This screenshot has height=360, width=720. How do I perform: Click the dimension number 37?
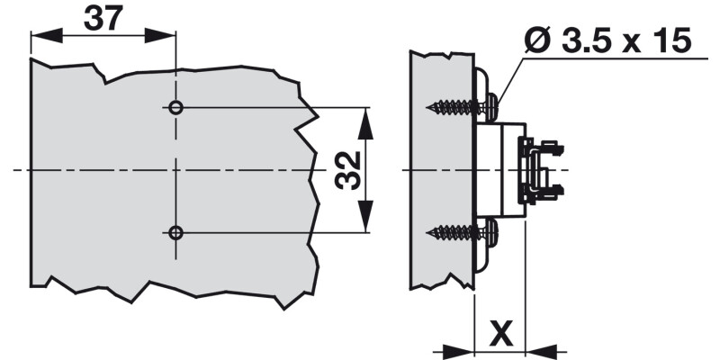click(103, 19)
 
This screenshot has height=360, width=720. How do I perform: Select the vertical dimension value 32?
click(348, 170)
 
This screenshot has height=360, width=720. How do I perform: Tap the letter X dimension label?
click(503, 334)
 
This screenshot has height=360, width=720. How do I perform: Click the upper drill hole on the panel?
click(175, 108)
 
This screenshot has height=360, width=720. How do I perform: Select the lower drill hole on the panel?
click(175, 233)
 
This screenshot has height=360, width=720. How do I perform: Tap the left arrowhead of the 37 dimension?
click(41, 37)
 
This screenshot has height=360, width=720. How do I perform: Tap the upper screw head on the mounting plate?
click(491, 107)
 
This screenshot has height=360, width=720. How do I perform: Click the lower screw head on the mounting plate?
click(491, 233)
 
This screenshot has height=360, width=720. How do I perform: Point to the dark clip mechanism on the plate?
click(540, 170)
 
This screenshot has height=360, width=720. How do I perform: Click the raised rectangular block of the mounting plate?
click(498, 170)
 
